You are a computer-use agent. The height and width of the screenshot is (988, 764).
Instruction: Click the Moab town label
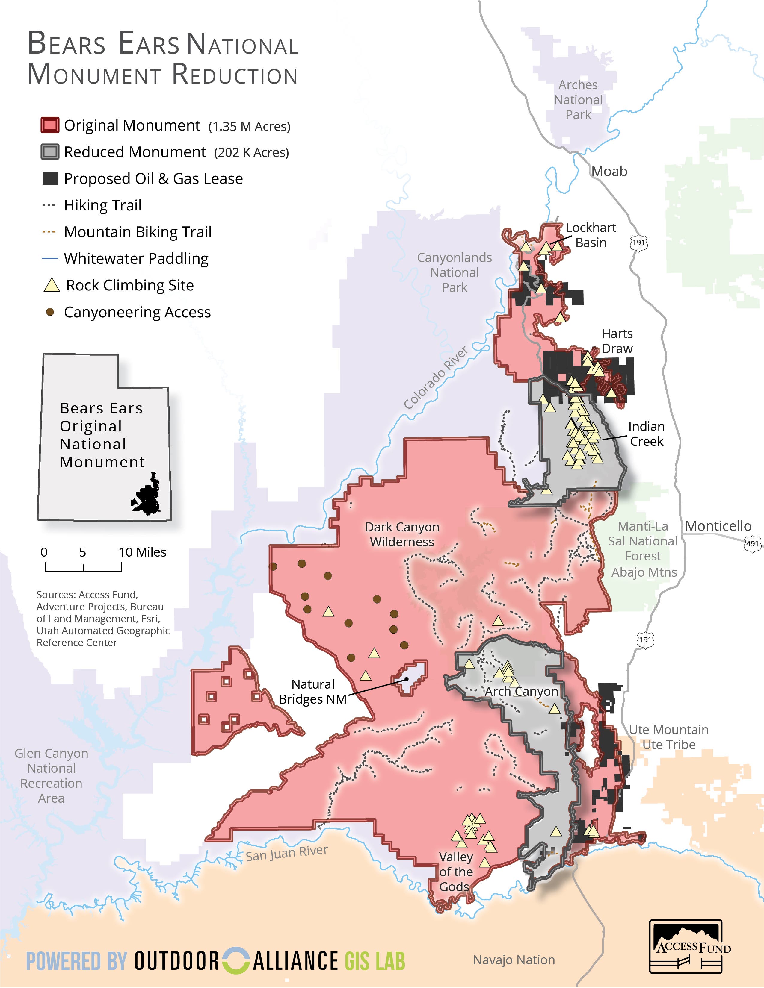(x=609, y=172)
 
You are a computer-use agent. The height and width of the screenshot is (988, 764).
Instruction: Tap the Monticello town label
(x=718, y=526)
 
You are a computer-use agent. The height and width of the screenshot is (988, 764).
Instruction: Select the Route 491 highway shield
(x=752, y=543)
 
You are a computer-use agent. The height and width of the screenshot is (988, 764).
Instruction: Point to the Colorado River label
(x=435, y=378)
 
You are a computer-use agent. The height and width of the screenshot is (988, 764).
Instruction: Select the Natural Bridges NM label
(x=313, y=691)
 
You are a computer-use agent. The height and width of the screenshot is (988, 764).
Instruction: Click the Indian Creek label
(x=646, y=434)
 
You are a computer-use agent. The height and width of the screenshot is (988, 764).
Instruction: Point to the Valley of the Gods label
(x=455, y=872)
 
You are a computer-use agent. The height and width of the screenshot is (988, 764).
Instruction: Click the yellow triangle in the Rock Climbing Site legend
(x=52, y=285)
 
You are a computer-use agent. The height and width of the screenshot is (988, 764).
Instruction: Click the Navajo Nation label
(x=514, y=960)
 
